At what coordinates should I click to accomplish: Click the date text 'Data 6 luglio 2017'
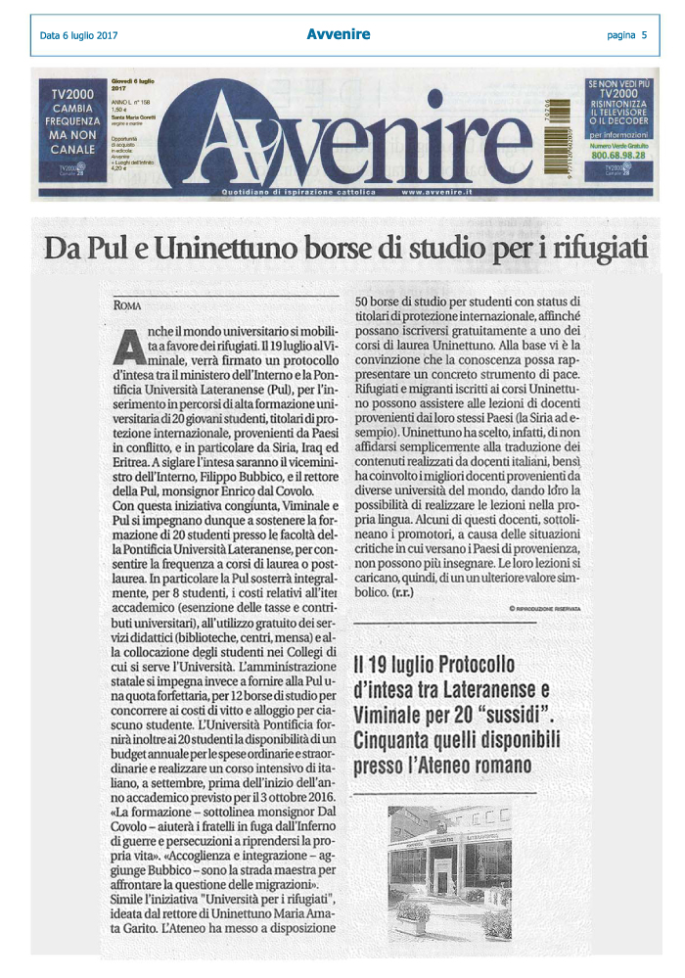pyautogui.click(x=79, y=36)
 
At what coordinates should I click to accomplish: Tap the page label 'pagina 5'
pyautogui.click(x=626, y=36)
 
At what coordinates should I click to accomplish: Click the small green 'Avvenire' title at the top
pyautogui.click(x=338, y=35)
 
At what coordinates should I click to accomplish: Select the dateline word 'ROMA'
pyautogui.click(x=128, y=306)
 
